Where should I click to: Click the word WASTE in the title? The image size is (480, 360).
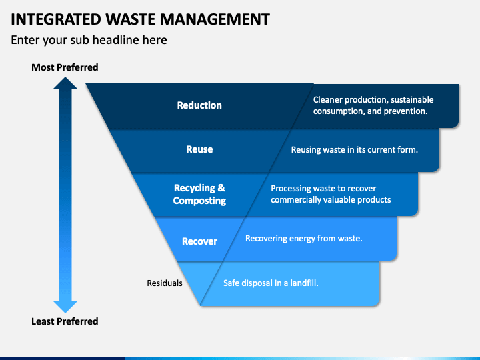pyautogui.click(x=131, y=19)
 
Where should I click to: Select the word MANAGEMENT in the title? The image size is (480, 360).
pyautogui.click(x=215, y=19)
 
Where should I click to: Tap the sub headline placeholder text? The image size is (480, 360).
pyautogui.click(x=89, y=40)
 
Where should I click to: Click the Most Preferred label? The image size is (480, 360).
pyautogui.click(x=65, y=67)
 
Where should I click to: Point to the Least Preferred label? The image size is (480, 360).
pyautogui.click(x=65, y=321)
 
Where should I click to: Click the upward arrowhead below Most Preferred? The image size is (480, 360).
pyautogui.click(x=65, y=83)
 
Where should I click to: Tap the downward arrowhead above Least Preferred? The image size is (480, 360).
pyautogui.click(x=65, y=307)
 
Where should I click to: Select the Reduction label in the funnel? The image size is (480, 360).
pyautogui.click(x=199, y=105)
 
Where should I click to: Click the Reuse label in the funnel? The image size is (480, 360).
pyautogui.click(x=199, y=149)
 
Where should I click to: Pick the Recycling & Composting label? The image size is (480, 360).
pyautogui.click(x=199, y=194)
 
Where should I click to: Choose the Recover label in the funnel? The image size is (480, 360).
pyautogui.click(x=199, y=241)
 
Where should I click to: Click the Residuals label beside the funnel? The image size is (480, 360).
pyautogui.click(x=165, y=283)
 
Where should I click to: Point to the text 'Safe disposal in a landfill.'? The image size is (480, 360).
pyautogui.click(x=271, y=283)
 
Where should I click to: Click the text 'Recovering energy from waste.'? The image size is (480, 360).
pyautogui.click(x=304, y=239)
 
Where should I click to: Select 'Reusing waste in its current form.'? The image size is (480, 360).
pyautogui.click(x=354, y=150)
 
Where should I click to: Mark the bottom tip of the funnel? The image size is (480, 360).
pyautogui.click(x=201, y=305)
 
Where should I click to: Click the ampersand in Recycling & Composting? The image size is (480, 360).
pyautogui.click(x=221, y=188)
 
